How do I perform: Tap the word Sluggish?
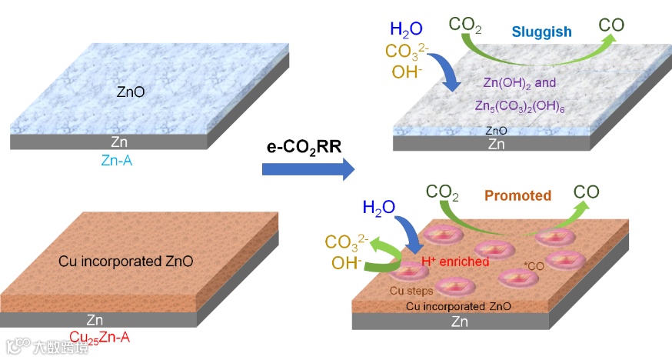[544, 32]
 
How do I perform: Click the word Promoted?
[517, 195]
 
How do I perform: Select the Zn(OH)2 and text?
[519, 82]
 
